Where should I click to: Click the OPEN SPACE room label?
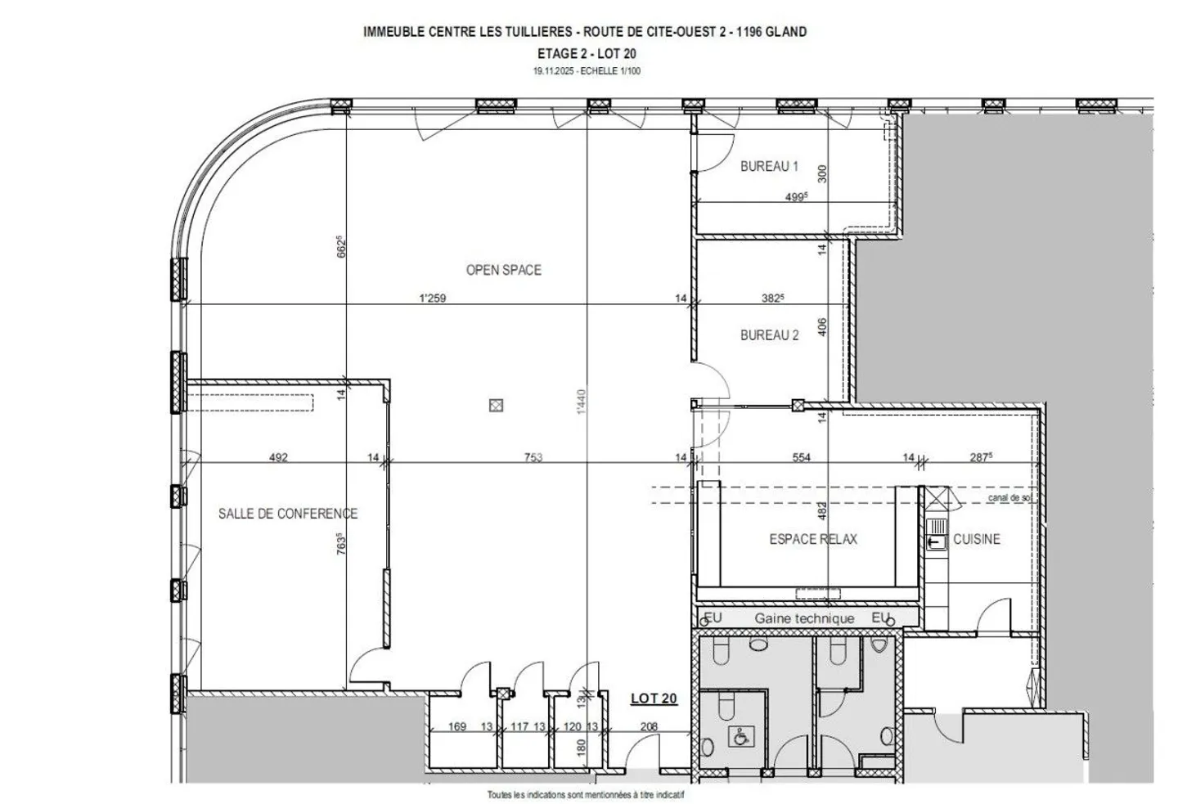point(503,270)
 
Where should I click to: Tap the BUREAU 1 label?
point(769,166)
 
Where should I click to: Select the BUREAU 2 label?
point(769,335)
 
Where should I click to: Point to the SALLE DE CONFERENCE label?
point(287,514)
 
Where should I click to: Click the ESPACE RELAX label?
point(813,539)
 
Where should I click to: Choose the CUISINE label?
point(977,539)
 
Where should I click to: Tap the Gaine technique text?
point(804,618)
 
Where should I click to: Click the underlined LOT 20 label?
point(654,698)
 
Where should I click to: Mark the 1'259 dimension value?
point(432,299)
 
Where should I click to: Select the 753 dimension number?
point(533,458)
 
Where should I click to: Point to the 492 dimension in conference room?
point(278,458)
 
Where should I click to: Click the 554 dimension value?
point(802,458)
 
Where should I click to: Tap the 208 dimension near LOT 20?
point(649,726)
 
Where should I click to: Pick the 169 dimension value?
point(457,726)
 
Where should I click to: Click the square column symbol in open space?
point(495,405)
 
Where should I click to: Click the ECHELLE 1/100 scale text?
point(608,71)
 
